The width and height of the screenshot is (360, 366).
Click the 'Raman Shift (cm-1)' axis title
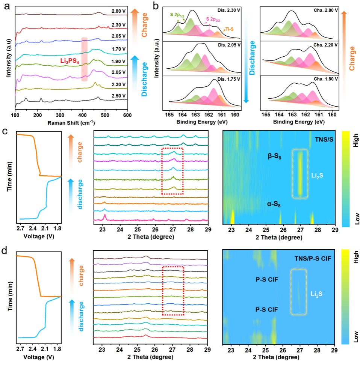pos(71,122)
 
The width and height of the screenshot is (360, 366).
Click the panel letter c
pos(5,132)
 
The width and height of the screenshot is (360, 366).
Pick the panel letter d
pos(5,249)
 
